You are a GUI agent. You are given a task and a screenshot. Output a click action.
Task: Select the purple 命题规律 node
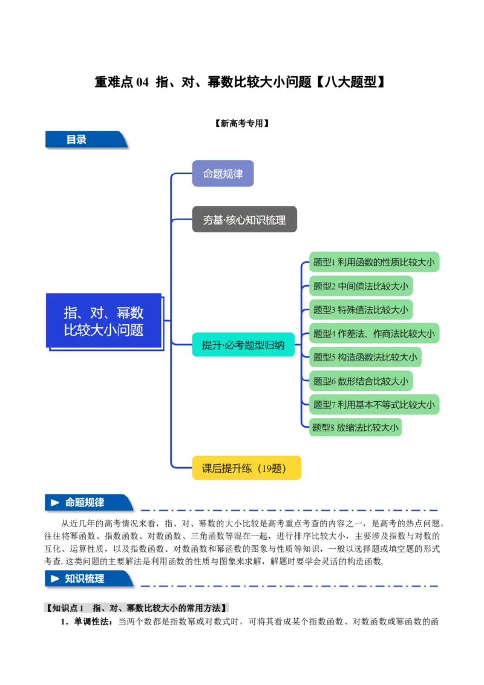pyautogui.click(x=223, y=174)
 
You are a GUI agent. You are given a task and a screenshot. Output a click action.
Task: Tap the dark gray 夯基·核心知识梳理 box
pyautogui.click(x=244, y=220)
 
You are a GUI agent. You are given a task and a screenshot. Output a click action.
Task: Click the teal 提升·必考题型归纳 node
pyautogui.click(x=243, y=345)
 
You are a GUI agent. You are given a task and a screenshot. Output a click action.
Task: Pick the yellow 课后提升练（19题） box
pyautogui.click(x=246, y=468)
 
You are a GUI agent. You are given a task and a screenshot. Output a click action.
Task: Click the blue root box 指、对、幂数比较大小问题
pyautogui.click(x=104, y=321)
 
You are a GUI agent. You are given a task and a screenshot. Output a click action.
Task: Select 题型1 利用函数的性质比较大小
pyautogui.click(x=373, y=263)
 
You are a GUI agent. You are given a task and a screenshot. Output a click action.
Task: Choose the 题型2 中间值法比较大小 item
pyautogui.click(x=361, y=286)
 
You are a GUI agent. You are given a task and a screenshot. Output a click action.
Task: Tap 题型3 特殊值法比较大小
pyautogui.click(x=361, y=310)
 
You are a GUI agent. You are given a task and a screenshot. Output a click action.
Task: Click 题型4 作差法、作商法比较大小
pyautogui.click(x=373, y=333)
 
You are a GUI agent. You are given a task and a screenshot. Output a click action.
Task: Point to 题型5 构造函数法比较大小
pyautogui.click(x=365, y=357)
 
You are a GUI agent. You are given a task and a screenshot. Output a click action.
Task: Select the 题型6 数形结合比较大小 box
pyautogui.click(x=361, y=381)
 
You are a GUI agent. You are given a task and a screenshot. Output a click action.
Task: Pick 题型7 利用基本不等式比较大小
pyautogui.click(x=373, y=405)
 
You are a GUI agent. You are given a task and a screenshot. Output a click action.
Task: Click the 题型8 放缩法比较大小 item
pyautogui.click(x=355, y=428)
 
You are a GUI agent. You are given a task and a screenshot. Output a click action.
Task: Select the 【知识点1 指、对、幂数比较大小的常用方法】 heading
pyautogui.click(x=138, y=608)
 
